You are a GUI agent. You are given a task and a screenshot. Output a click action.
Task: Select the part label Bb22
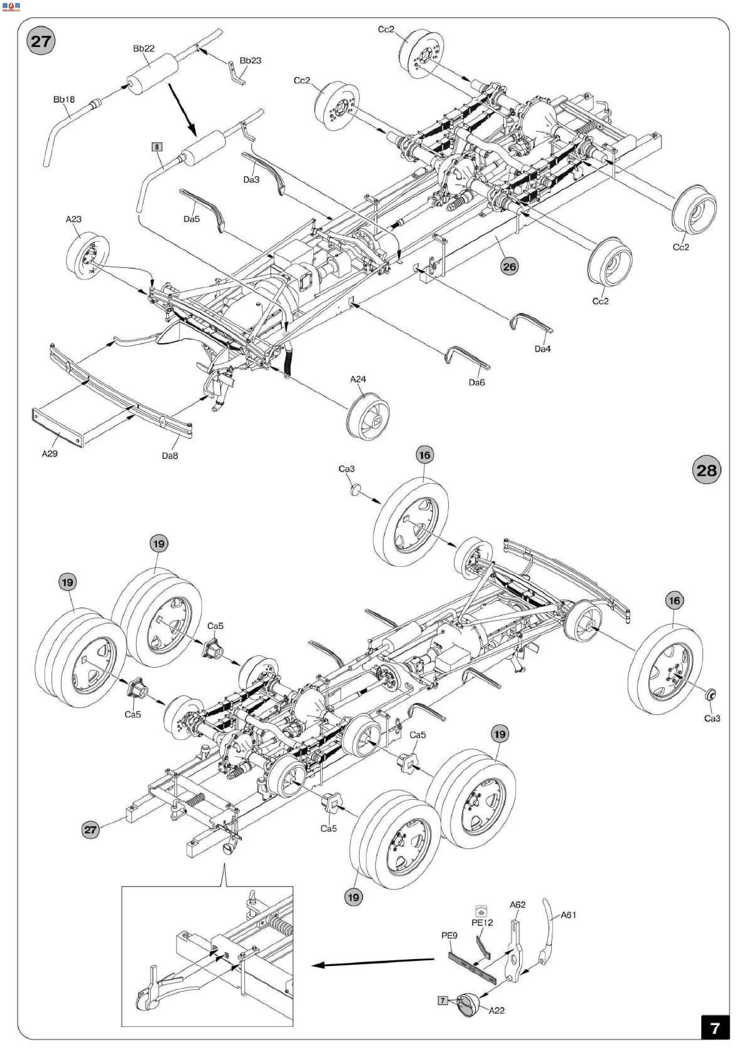144,48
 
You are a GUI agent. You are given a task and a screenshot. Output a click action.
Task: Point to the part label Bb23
250,61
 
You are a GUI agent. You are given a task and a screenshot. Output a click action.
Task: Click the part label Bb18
64,99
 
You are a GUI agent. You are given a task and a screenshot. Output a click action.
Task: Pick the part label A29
50,453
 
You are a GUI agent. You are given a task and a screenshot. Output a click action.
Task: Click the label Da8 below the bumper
170,456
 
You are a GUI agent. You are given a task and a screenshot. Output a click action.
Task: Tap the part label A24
358,379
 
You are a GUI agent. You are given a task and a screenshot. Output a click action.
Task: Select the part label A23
73,219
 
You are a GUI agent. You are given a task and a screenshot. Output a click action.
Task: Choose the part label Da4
543,349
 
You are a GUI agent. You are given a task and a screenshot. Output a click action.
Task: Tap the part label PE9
449,936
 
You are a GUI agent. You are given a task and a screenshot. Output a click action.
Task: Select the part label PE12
482,923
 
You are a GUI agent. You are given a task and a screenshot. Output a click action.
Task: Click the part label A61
568,915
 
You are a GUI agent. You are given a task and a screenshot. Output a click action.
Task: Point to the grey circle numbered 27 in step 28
90,830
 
